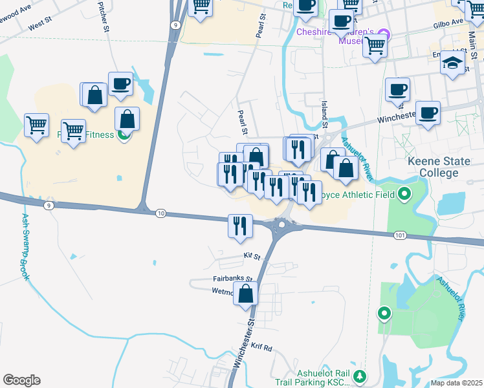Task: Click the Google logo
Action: coord(21,380)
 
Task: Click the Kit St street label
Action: coord(252,256)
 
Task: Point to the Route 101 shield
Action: coord(400,235)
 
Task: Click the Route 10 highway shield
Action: coord(160,213)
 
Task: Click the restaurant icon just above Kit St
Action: coord(240,226)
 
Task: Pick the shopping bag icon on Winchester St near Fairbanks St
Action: coord(246,294)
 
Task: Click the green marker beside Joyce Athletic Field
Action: coord(404,193)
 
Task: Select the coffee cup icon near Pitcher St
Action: coord(120,84)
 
